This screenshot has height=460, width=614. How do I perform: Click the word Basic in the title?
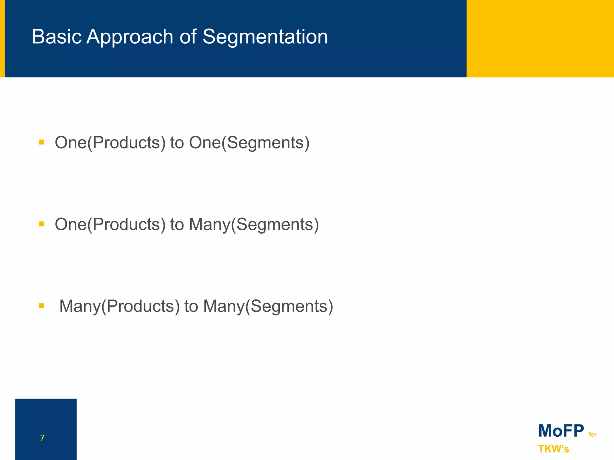(57, 37)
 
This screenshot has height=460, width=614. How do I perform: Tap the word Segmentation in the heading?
(265, 37)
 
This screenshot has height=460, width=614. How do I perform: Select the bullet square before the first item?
(41, 142)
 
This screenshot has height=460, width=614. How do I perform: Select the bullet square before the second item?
(41, 224)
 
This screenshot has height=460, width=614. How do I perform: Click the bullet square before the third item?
(41, 306)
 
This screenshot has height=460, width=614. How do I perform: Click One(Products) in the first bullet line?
(110, 143)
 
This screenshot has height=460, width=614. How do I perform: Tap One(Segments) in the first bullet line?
(249, 143)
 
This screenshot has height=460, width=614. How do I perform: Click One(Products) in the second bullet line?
(110, 224)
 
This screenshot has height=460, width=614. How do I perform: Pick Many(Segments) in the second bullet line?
(254, 224)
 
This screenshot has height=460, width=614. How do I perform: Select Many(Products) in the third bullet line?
(119, 306)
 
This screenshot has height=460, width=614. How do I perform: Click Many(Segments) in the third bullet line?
(268, 306)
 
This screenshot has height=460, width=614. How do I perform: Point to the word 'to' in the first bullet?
(177, 143)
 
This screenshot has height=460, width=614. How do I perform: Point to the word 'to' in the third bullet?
(191, 306)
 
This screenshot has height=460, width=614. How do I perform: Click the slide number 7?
(42, 438)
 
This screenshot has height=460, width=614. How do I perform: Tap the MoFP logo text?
(561, 431)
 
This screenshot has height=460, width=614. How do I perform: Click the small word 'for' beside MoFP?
(592, 435)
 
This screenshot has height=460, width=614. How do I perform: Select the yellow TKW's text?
(553, 449)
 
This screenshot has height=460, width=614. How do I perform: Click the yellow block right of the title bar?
(540, 38)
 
